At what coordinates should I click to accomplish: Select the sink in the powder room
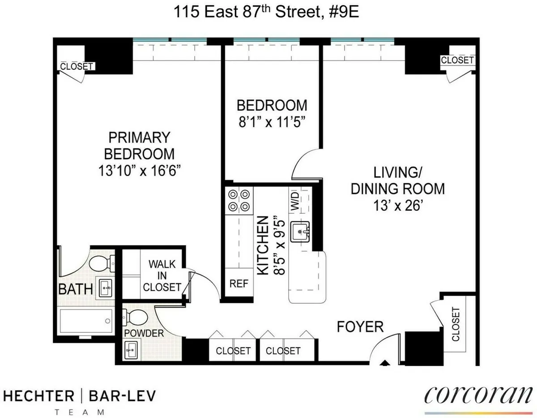click(132, 349)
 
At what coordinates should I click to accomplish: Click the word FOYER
click(360, 327)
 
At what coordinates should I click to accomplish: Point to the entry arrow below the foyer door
click(384, 364)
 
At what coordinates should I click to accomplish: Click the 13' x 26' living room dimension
click(397, 207)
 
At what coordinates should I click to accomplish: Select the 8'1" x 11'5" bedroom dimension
click(272, 122)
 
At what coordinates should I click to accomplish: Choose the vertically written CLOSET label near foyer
click(456, 324)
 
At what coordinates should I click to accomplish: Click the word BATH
click(75, 289)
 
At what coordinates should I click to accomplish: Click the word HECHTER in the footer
click(39, 396)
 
